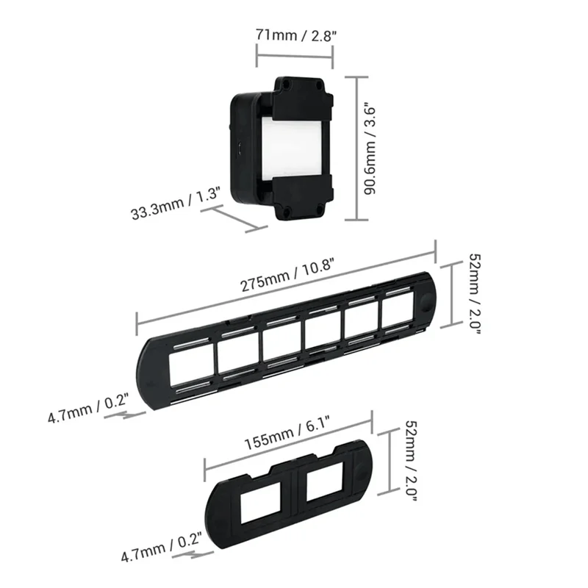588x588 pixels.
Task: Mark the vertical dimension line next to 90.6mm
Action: (x=356, y=147)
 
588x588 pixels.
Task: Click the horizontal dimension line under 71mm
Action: (x=294, y=51)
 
